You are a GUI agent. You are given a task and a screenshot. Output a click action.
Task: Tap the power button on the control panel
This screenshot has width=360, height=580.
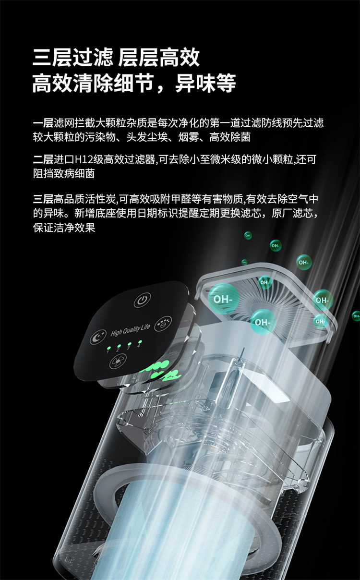click(141, 301)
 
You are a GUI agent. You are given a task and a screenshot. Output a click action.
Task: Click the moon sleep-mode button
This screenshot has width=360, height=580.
click(98, 336)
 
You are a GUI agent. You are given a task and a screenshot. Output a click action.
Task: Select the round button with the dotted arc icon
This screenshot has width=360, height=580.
click(165, 322)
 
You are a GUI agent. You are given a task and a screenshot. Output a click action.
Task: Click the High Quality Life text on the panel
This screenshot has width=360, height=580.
click(130, 330)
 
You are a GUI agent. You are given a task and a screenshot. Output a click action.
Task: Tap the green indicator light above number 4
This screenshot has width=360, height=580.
click(139, 341)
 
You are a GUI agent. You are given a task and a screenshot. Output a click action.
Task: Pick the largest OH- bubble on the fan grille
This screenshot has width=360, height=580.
click(222, 298)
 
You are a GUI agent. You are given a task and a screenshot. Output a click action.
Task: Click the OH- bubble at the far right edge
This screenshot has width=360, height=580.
click(356, 315)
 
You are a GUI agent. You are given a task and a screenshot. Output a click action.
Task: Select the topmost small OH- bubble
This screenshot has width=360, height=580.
click(248, 235)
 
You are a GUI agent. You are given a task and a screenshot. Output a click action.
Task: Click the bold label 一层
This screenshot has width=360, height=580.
click(43, 123)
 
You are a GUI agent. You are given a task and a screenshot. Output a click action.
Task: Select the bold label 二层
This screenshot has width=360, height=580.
click(43, 159)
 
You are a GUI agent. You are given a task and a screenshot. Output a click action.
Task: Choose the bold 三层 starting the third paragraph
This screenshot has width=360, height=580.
click(43, 198)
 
